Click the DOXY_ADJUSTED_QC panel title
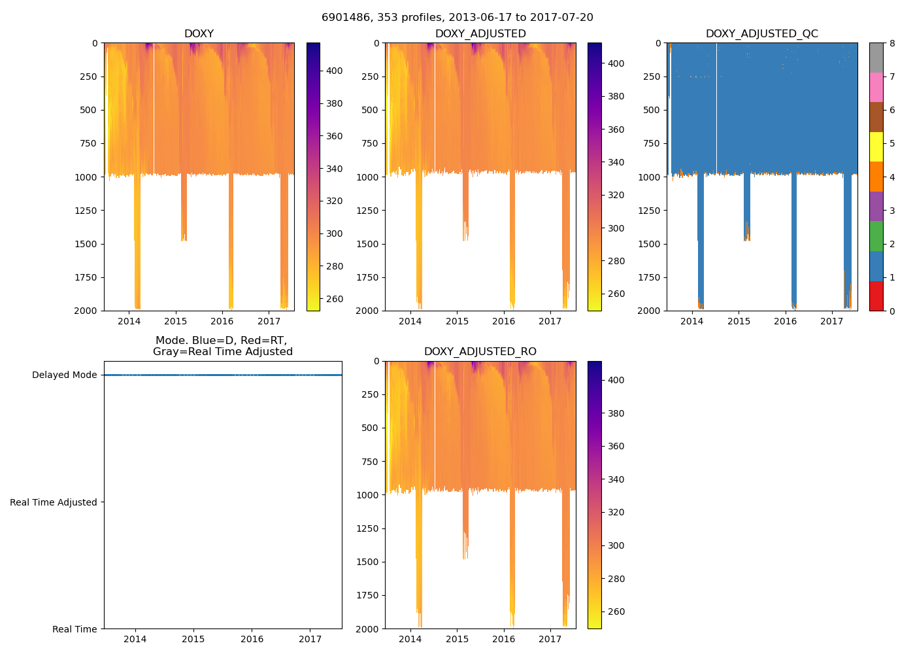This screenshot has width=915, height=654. click(x=761, y=34)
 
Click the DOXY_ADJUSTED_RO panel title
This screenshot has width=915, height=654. click(x=480, y=352)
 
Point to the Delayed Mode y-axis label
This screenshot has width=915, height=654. click(x=64, y=375)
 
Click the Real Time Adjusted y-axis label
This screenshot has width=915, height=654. click(x=54, y=502)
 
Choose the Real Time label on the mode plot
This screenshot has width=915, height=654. click(x=75, y=629)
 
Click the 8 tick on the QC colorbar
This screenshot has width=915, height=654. click(x=892, y=43)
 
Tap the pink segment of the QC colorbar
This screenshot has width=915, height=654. click(x=876, y=87)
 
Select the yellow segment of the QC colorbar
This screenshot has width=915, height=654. click(x=876, y=146)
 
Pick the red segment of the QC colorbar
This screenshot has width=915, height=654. click(x=876, y=296)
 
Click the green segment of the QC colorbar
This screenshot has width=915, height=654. click(x=876, y=236)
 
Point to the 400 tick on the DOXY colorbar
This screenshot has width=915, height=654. click(x=335, y=71)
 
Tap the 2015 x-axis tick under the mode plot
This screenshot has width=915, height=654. click(x=193, y=639)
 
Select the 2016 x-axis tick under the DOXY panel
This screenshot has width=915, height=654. click(x=222, y=321)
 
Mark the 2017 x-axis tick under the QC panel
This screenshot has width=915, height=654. click(x=832, y=321)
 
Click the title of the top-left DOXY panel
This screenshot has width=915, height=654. click(x=199, y=34)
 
